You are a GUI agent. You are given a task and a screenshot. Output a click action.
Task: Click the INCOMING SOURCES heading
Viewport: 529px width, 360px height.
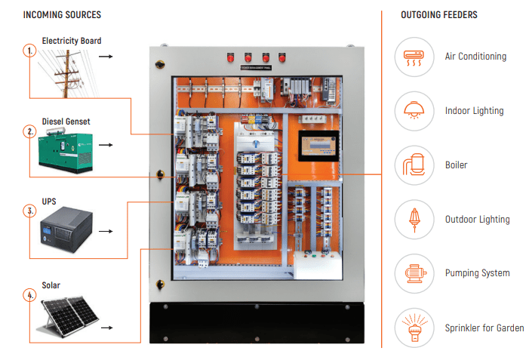tap(62, 15)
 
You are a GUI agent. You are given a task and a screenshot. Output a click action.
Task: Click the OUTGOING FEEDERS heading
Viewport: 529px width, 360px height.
tap(439, 15)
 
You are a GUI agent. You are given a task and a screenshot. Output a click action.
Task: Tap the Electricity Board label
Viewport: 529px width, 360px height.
tap(72, 41)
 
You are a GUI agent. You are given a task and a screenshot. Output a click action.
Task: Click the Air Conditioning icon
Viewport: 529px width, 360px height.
tap(414, 57)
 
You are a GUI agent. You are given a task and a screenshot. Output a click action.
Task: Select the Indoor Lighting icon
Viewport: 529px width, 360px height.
tap(414, 111)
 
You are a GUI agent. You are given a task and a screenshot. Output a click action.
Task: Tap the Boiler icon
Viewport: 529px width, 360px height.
tap(414, 165)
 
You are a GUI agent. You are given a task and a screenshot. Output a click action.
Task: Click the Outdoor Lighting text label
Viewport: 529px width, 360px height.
tap(477, 220)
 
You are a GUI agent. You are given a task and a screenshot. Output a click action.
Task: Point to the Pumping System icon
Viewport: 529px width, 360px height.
tap(414, 273)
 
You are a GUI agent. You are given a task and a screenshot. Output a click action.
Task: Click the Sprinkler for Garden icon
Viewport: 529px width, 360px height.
tap(414, 328)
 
